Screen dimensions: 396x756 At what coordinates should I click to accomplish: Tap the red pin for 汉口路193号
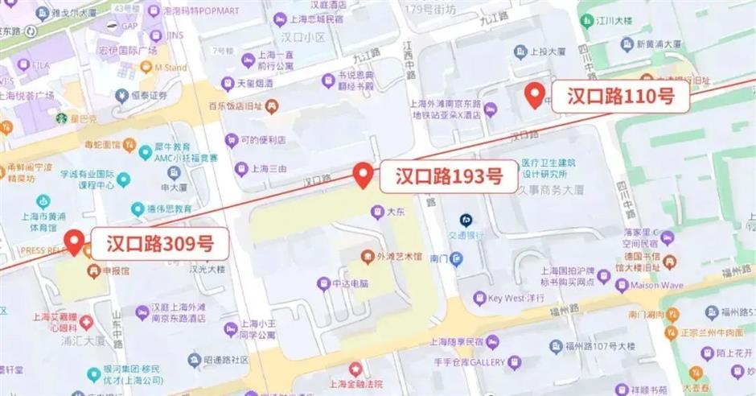coord(364,175)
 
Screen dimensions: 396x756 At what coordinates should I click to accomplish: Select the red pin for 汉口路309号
coord(76,241)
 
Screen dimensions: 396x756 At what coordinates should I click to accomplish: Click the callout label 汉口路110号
coord(619,97)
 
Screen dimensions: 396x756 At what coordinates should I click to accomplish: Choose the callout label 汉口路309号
coord(160,242)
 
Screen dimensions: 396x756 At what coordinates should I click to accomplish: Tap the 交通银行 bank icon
coord(465,220)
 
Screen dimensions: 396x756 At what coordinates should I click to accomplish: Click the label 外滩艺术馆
coord(399,256)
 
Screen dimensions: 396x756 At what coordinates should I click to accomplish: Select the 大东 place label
coord(393,212)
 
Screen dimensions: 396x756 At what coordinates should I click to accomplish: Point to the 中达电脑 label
coord(350,283)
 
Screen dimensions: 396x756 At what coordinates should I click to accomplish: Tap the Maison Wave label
coord(659,285)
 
